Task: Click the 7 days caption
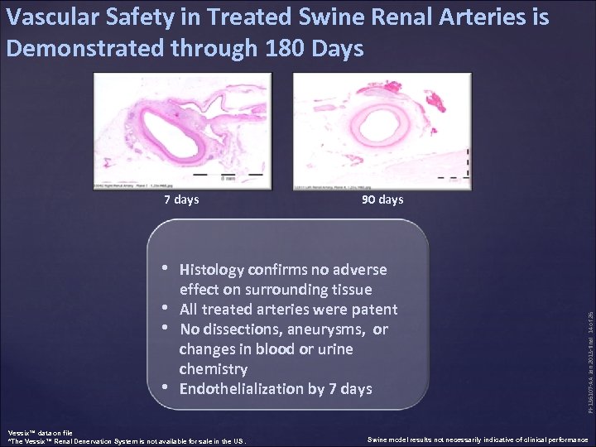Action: coord(181,199)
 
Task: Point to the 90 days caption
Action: coord(382,199)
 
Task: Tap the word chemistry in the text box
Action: coord(213,369)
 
